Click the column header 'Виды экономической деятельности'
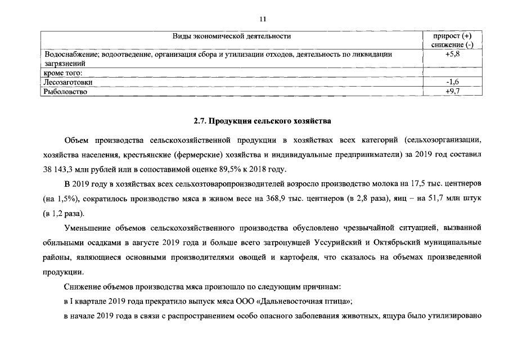pos(232,37)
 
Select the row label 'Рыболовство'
pos(65,91)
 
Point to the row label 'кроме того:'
pos(63,73)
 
